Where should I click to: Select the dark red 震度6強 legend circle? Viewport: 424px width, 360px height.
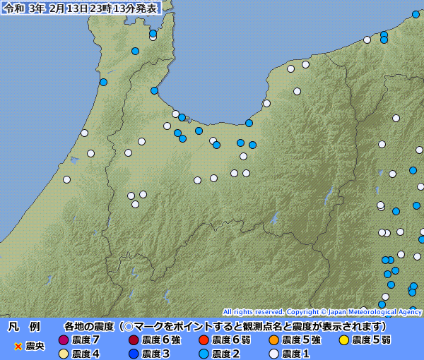[134, 340]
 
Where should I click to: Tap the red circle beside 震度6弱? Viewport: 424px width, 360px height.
[204, 340]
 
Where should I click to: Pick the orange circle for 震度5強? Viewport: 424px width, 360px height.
[273, 340]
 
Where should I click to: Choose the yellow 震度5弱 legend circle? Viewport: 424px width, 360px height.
[343, 340]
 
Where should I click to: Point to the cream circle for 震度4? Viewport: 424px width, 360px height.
[64, 354]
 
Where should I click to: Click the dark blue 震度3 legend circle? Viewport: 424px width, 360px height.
[134, 354]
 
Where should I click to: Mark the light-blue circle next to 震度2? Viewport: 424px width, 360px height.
[204, 354]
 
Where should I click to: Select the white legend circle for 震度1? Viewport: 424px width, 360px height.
[273, 354]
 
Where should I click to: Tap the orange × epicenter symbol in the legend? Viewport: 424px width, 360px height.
[18, 347]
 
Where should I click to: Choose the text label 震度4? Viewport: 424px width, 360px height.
[86, 354]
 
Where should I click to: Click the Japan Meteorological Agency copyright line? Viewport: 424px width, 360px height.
[322, 311]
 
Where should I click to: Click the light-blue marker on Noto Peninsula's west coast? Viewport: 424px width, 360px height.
[103, 83]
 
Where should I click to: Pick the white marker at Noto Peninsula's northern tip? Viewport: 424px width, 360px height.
[153, 37]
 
